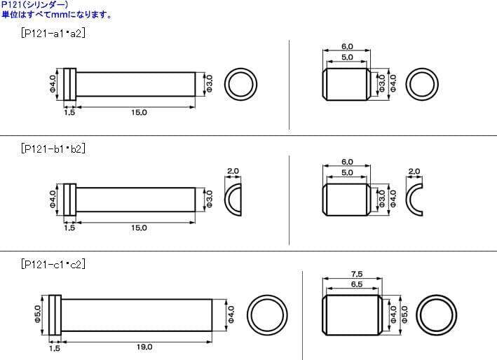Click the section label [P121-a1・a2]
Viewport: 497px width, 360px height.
(x=53, y=32)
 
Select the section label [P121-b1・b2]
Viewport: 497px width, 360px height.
(x=53, y=148)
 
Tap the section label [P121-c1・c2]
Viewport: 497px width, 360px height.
(x=53, y=264)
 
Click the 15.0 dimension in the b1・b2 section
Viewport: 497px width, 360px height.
(x=139, y=228)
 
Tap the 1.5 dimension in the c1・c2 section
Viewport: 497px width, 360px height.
(x=54, y=347)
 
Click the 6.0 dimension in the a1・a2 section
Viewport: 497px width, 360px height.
(x=347, y=46)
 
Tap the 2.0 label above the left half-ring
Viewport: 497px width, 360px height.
(x=234, y=171)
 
